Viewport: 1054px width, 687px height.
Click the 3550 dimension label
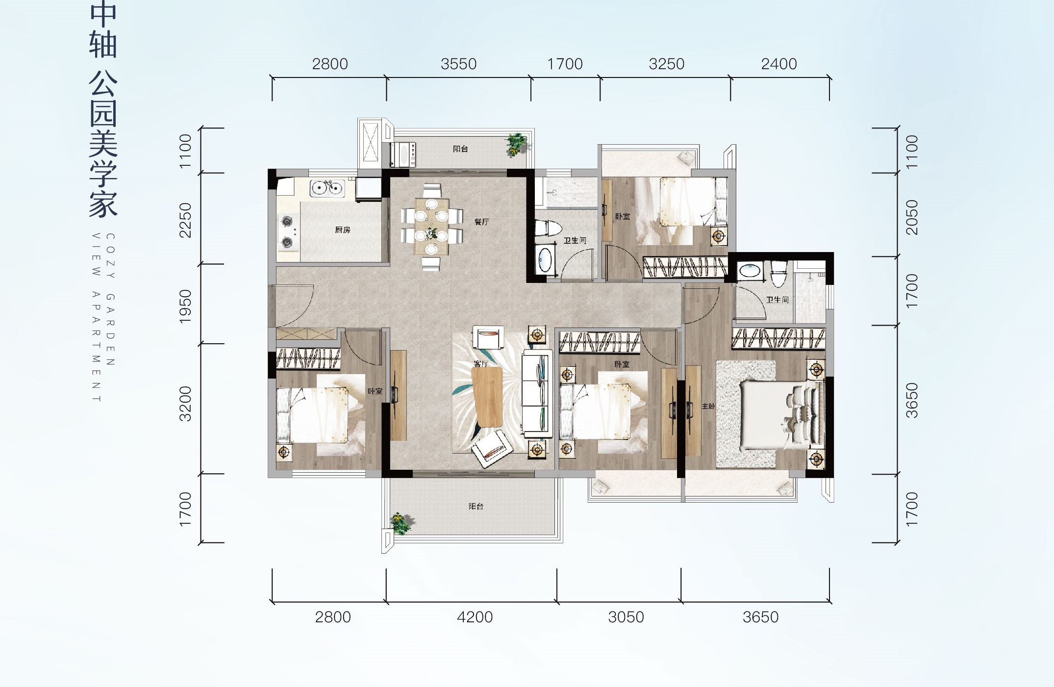pos(458,64)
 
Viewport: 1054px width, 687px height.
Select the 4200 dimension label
pos(475,617)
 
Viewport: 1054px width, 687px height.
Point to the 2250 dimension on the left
pos(185,220)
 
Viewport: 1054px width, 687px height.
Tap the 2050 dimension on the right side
pos(911,217)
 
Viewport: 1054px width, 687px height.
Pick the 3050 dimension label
pos(626,617)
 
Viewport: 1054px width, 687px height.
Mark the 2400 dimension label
pos(779,64)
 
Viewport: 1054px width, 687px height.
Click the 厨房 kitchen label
pos(343,229)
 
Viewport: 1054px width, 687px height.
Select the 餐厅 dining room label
pos(481,222)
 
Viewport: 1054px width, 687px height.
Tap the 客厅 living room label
pos(481,363)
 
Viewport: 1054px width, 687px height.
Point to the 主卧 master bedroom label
pos(708,406)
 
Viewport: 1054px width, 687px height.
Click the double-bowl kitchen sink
pos(327,188)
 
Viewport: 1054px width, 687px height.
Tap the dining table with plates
pos(431,226)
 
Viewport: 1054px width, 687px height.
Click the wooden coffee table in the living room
pos(488,397)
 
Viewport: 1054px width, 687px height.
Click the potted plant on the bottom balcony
pos(401,524)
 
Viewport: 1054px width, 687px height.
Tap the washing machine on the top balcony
pos(402,154)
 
